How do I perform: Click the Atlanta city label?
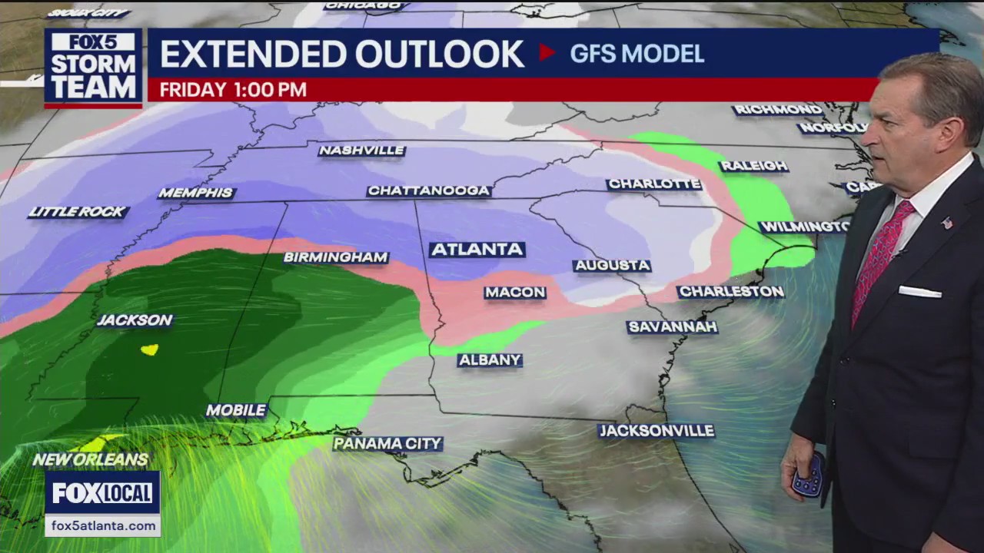coord(477,250)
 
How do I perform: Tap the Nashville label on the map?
coord(361,151)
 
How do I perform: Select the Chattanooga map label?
coord(429,190)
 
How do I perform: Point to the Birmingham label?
coord(336,257)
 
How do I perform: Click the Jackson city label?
coord(135,320)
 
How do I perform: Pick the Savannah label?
coord(672,327)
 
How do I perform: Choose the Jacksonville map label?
coord(657,431)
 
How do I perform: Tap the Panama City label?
coord(387,444)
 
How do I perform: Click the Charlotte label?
coord(653,184)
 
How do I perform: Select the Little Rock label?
coord(78,212)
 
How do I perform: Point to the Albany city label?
coord(490,360)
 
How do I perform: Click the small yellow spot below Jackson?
coord(149,349)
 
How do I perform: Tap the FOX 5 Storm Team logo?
coord(93,68)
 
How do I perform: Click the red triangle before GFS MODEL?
coord(547,52)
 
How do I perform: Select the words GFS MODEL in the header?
coord(637,54)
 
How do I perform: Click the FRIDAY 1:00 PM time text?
coord(233,90)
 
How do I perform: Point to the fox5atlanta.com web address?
coord(101,526)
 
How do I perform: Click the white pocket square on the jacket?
coord(919,292)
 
